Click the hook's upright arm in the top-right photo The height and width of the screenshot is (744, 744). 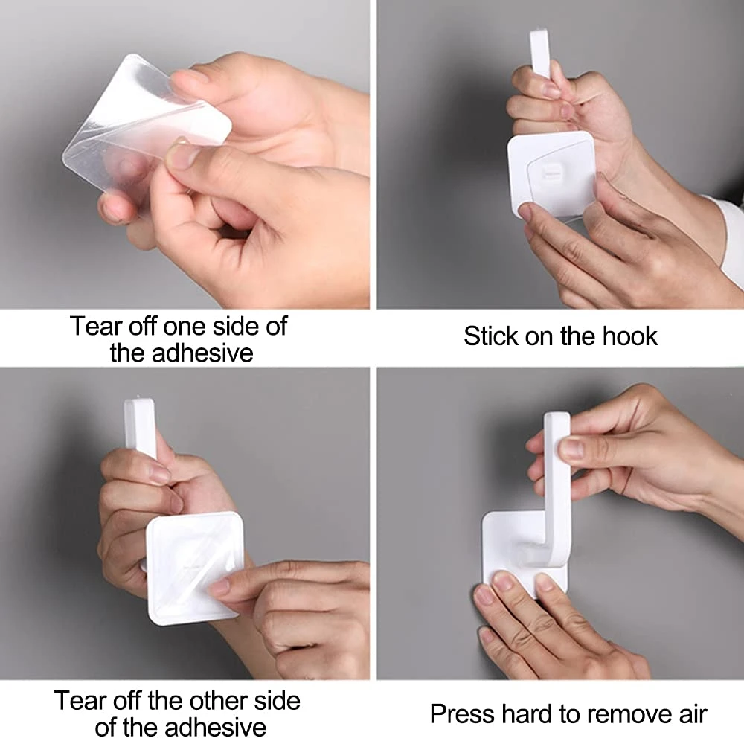click(540, 53)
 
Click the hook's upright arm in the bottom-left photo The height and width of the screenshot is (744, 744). click(141, 427)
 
